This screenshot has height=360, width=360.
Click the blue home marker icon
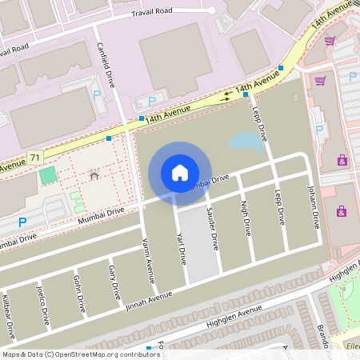pos(180,173)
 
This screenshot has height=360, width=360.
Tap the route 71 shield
pos(34,158)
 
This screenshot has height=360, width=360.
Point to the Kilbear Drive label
pos(8,316)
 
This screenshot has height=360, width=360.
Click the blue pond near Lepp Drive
pos(246,142)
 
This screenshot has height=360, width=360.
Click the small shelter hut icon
pos(94,176)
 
